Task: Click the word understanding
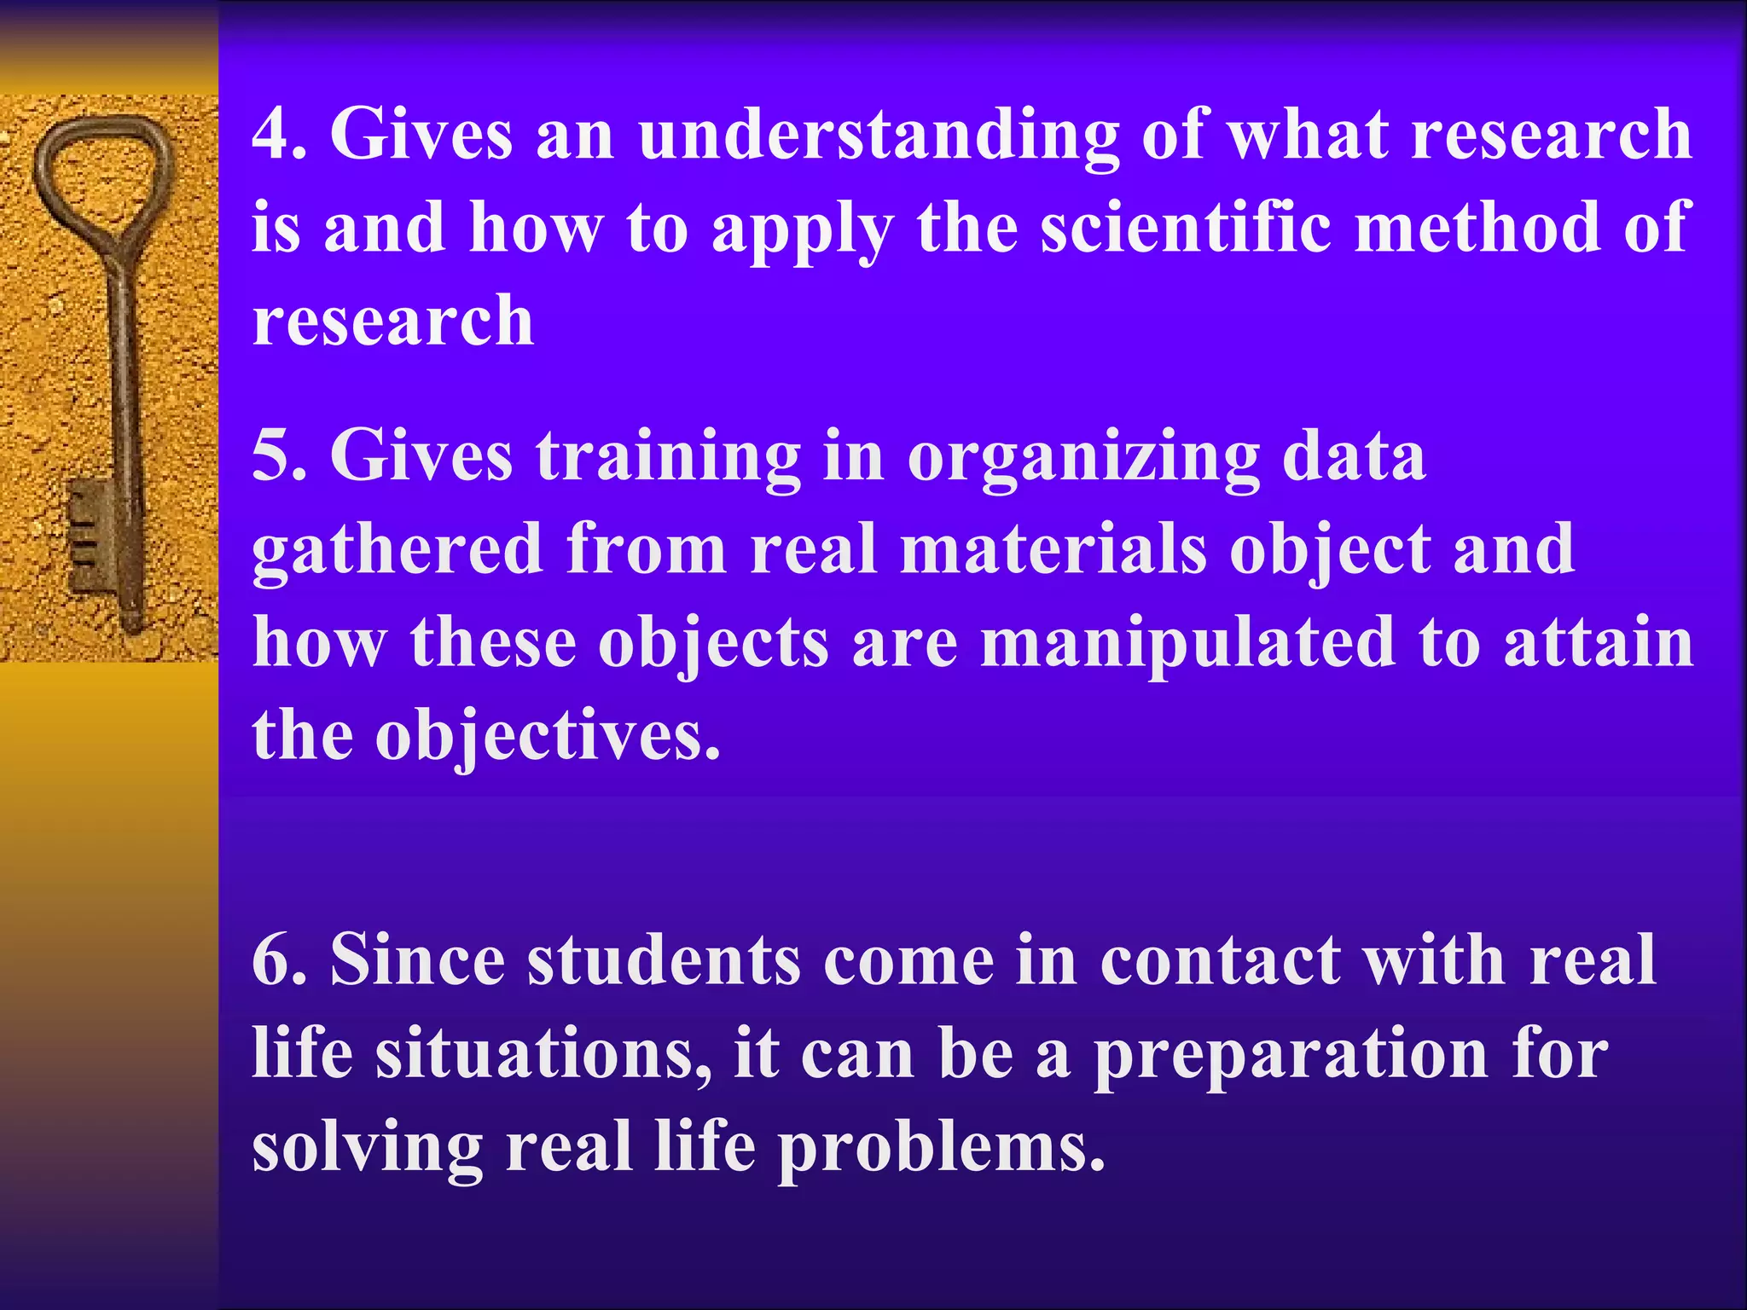[878, 136]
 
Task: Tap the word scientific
[1185, 229]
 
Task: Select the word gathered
[398, 551]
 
